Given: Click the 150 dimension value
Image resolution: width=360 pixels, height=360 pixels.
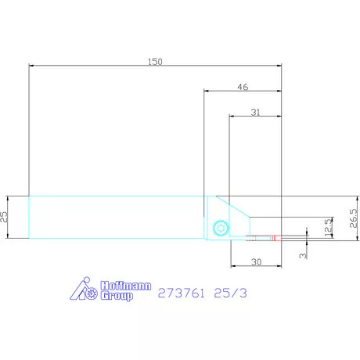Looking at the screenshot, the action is pos(155,62).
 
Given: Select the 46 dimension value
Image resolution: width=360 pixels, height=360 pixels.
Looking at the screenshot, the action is pos(243,87).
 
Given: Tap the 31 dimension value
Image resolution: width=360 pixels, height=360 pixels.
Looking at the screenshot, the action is pos(256,112).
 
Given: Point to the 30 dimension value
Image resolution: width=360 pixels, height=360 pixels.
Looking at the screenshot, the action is pos(256,261).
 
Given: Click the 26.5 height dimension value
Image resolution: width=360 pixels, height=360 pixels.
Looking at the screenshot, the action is pos(353,218).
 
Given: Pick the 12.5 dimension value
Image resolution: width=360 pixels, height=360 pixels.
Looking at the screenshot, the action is pos(329,227).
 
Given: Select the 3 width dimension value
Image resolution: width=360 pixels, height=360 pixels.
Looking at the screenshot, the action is pos(303,255).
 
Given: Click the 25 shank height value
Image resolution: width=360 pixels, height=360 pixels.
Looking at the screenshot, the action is pos(4,217).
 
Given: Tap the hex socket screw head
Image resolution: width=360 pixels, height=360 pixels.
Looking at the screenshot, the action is pos(221,228).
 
